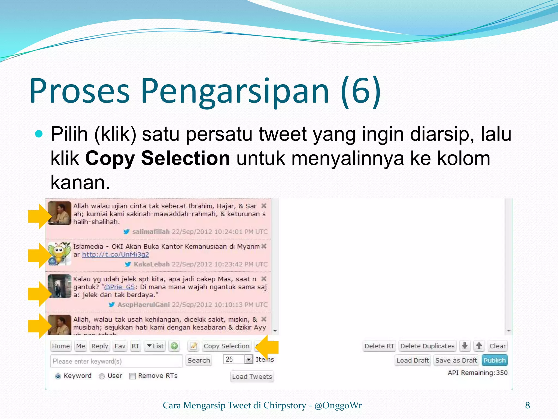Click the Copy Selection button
point(226,346)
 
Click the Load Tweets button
point(252,377)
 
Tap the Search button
point(199,360)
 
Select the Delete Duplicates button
point(427,346)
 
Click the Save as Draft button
point(456,360)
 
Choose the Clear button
point(498,346)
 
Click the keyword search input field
point(116,361)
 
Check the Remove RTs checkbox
point(133,376)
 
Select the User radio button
point(102,376)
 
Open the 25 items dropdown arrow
point(248,359)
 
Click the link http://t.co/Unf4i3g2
point(116,255)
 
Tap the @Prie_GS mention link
point(119,287)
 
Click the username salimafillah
point(151,232)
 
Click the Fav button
point(120,346)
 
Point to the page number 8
point(527,405)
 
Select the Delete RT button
point(379,346)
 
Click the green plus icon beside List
point(174,346)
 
